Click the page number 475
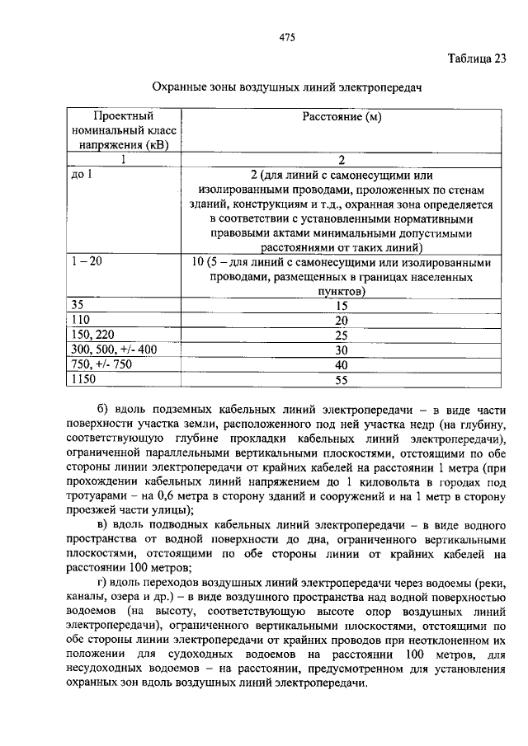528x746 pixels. click(x=287, y=38)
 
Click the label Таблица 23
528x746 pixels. click(x=477, y=59)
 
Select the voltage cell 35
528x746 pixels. click(x=78, y=304)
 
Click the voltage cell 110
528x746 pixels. click(x=81, y=319)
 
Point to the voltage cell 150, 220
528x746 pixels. click(x=91, y=334)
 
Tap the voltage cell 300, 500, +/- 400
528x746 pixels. click(x=113, y=350)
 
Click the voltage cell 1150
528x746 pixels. click(x=83, y=379)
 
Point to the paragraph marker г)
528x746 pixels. click(x=102, y=581)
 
